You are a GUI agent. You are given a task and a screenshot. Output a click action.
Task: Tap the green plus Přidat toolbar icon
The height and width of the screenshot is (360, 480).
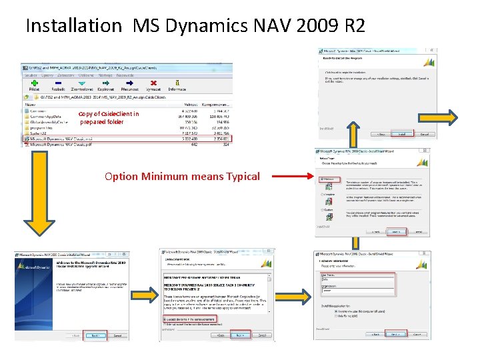point(35,83)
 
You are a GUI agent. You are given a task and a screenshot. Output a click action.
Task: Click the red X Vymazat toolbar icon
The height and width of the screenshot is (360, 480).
point(154,83)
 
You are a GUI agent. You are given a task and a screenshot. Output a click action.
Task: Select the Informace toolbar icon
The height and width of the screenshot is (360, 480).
point(177,83)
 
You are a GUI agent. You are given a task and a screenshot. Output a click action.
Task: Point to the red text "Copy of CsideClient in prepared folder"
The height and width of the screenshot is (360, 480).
point(108,118)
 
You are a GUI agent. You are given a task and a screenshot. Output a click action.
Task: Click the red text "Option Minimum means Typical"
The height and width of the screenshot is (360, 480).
point(182,177)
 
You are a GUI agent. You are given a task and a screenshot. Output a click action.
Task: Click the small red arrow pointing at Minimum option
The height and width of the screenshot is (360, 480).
point(303,178)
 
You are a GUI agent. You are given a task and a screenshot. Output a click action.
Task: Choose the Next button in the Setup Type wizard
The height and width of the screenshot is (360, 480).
point(397,231)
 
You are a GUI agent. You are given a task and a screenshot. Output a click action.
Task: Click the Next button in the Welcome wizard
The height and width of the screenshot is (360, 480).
point(95,335)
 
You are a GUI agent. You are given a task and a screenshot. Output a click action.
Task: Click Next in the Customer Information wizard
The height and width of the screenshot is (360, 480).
point(397,334)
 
